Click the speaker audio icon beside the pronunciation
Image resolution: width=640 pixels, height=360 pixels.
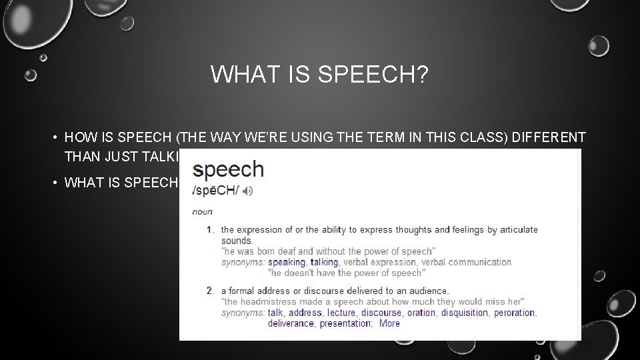(x=248, y=191)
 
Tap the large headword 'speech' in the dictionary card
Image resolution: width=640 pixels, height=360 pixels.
(x=228, y=169)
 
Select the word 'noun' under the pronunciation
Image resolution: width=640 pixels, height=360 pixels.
(x=202, y=212)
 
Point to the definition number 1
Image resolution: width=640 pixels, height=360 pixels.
(x=209, y=230)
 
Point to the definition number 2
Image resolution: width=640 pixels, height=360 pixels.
(x=209, y=291)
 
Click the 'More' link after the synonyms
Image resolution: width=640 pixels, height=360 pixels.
(x=389, y=323)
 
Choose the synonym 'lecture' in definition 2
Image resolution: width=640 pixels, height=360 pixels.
(x=341, y=313)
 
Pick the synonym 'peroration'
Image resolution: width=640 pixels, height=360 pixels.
(x=514, y=313)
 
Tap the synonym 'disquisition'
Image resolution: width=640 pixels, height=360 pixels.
(x=465, y=313)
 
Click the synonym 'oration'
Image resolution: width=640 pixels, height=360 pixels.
(x=421, y=313)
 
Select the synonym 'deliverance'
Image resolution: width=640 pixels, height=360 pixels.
(x=291, y=323)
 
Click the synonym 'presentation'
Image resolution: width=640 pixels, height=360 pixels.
(x=345, y=323)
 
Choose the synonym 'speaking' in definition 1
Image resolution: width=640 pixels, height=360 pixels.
(x=286, y=262)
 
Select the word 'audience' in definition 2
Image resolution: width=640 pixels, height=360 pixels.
(x=429, y=291)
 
